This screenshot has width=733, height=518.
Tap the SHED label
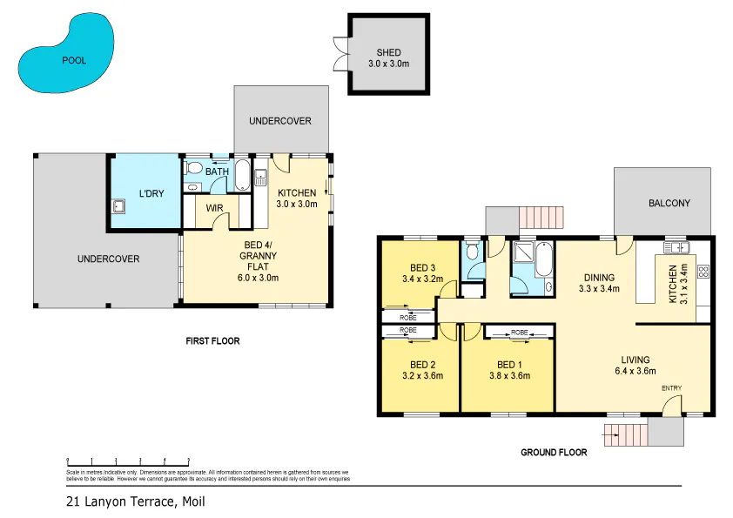pos(387,52)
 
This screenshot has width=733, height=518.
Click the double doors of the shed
pos(340,54)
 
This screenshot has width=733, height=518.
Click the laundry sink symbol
pos(119,207)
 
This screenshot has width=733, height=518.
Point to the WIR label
pos(216,208)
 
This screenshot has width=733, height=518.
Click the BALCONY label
pos(669,203)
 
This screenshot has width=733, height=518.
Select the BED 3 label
pos(422,267)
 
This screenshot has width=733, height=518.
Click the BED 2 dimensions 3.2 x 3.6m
pos(422,376)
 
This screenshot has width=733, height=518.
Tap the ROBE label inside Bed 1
pos(519,333)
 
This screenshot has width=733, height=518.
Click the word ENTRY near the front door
pos(672,387)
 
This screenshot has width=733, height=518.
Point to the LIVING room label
pos(635,359)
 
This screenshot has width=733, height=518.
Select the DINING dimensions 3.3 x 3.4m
pos(599,289)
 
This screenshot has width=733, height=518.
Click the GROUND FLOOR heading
pos(553,453)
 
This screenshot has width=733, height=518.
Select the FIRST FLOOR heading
pos(212,341)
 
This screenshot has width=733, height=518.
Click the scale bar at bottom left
pos(128,461)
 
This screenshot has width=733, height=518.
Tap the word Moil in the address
pos(194,501)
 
